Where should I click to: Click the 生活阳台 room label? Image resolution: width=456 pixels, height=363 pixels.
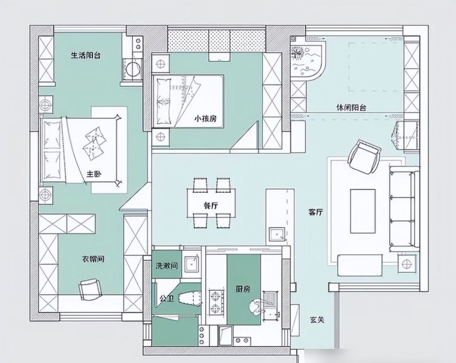tap(86, 55)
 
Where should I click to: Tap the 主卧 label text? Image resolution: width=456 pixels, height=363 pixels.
tap(94, 174)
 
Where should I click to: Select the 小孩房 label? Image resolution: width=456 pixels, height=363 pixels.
tap(206, 119)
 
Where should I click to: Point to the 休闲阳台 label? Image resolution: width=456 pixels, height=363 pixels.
tap(351, 108)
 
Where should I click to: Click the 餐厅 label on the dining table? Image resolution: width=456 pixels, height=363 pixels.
tap(211, 206)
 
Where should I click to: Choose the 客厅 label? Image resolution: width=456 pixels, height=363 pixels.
tap(316, 212)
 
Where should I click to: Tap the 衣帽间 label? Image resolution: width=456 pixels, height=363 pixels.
tap(93, 259)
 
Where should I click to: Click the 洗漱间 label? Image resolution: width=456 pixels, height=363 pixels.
tap(166, 265)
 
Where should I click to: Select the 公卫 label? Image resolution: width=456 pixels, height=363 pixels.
tap(166, 298)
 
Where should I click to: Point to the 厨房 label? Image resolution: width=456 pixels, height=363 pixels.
tap(243, 289)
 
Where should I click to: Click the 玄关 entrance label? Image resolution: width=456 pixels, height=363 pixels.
tap(317, 320)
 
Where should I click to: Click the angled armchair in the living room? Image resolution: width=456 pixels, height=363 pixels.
tap(365, 157)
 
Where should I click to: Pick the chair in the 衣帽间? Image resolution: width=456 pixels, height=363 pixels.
tap(91, 289)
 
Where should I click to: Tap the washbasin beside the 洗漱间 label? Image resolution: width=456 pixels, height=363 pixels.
tap(192, 264)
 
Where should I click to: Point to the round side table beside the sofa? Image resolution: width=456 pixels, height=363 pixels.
tap(406, 264)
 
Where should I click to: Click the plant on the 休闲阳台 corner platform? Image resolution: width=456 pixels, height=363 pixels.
tap(298, 53)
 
